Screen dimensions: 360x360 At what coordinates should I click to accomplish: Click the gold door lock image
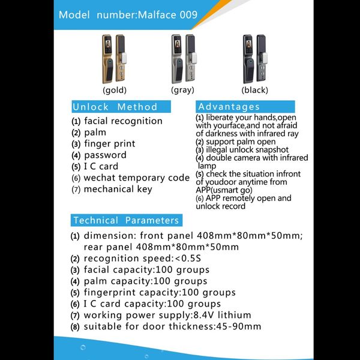pyautogui.click(x=114, y=59)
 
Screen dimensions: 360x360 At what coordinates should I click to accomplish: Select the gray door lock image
pyautogui.click(x=184, y=59)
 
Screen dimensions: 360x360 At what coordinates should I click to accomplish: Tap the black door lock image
pyautogui.click(x=255, y=59)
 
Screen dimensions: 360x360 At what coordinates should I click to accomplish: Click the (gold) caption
pyautogui.click(x=115, y=90)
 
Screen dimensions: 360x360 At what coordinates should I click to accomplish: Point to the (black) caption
pyautogui.click(x=254, y=90)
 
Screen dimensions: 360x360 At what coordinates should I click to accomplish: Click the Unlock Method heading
pyautogui.click(x=115, y=107)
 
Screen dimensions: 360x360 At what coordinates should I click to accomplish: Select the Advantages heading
pyautogui.click(x=229, y=107)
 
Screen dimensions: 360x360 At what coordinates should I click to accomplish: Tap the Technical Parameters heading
pyautogui.click(x=126, y=220)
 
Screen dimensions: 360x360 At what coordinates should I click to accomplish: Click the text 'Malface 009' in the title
pyautogui.click(x=167, y=15)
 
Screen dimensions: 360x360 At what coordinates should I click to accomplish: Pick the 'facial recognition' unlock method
pyautogui.click(x=123, y=121)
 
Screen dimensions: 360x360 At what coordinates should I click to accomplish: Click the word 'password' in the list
pyautogui.click(x=105, y=155)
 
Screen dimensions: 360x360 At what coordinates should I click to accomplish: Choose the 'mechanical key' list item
pyautogui.click(x=118, y=190)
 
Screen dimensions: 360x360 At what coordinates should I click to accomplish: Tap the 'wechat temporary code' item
pyautogui.click(x=137, y=178)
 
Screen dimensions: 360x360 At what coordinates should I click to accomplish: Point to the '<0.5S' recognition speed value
pyautogui.click(x=188, y=259)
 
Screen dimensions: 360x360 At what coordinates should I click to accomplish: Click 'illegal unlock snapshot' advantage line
pyautogui.click(x=247, y=150)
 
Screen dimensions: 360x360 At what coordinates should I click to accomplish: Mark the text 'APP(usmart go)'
pyautogui.click(x=224, y=190)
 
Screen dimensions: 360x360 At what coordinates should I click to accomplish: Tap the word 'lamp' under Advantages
pyautogui.click(x=207, y=166)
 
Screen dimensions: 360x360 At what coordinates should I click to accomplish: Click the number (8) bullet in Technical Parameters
pyautogui.click(x=75, y=327)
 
